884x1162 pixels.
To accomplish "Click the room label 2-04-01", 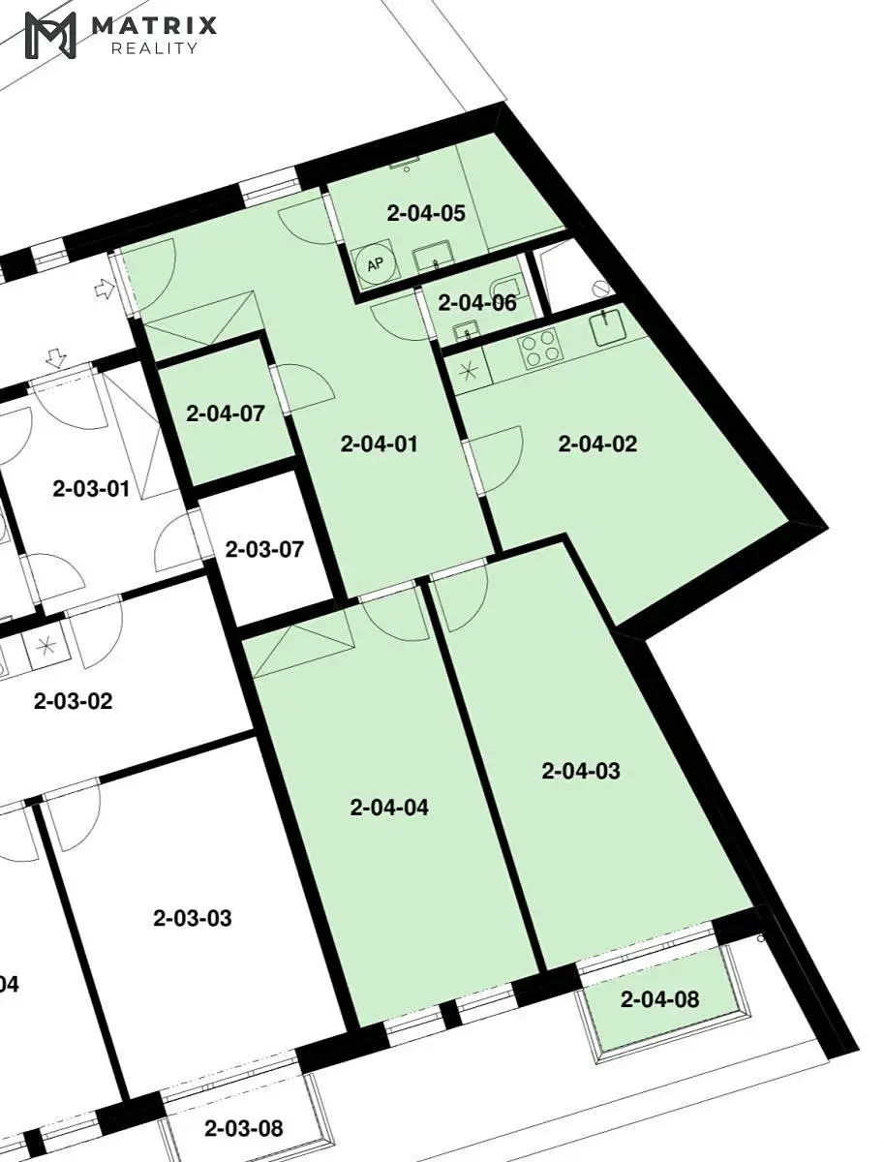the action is pos(379,443).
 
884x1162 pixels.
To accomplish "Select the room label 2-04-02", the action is pos(597,443).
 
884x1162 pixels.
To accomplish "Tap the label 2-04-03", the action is pos(581,771).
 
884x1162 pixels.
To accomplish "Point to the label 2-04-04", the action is pos(389,808).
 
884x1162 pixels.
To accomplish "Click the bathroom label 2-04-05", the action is pos(426,213).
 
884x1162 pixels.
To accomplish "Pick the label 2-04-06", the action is pos(477,303).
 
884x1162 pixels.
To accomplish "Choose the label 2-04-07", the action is pos(225,413).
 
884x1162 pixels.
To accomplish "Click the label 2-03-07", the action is pos(264,549).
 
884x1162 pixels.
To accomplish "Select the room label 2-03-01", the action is pos(91,489).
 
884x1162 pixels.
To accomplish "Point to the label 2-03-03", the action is pos(192,918).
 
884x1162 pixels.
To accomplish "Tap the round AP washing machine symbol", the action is pos(376,263).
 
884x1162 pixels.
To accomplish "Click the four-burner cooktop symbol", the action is pos(539,348).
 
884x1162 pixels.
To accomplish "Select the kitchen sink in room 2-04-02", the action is pos(608,327).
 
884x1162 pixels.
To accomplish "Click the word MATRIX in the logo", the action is pos(155,26).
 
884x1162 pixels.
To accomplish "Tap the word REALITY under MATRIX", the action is pos(155,48).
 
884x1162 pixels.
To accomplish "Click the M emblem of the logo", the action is pos(50,35).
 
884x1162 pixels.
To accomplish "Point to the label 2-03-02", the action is pos(73,701).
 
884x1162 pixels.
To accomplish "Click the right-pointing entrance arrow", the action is pos(105,289).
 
